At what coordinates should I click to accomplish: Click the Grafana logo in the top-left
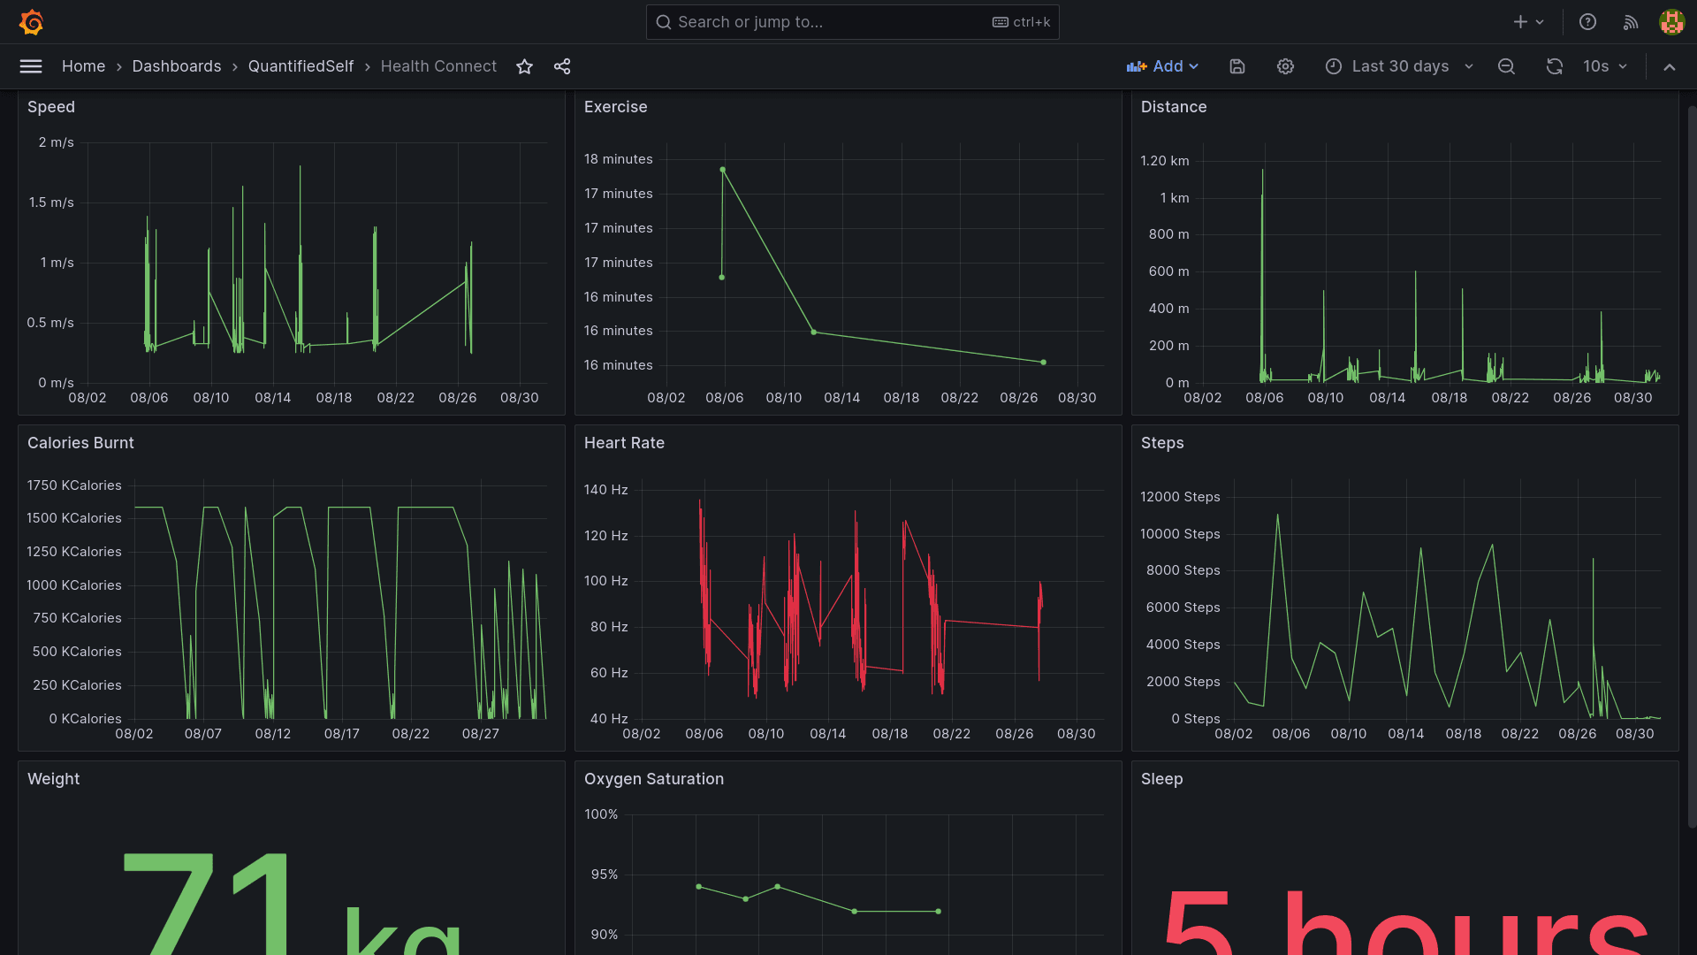pyautogui.click(x=32, y=22)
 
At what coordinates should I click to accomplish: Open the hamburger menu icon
pyautogui.click(x=31, y=66)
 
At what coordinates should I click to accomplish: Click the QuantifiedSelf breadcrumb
pyautogui.click(x=301, y=66)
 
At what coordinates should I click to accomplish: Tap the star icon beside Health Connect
pyautogui.click(x=524, y=66)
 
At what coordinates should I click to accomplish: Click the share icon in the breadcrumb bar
pyautogui.click(x=562, y=66)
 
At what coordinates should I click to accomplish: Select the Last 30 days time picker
pyautogui.click(x=1400, y=66)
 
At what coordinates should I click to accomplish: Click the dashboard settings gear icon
pyautogui.click(x=1285, y=66)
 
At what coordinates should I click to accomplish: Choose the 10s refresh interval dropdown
pyautogui.click(x=1604, y=66)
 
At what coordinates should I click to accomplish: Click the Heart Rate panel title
pyautogui.click(x=624, y=443)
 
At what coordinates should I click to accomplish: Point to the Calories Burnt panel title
pyautogui.click(x=80, y=443)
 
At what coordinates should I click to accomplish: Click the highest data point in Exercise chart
pyautogui.click(x=723, y=170)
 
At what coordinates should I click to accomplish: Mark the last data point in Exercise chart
pyautogui.click(x=1044, y=363)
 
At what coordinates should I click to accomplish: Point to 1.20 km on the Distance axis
pyautogui.click(x=1164, y=161)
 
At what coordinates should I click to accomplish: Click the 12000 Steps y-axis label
pyautogui.click(x=1180, y=497)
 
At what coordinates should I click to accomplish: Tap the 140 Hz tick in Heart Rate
pyautogui.click(x=605, y=490)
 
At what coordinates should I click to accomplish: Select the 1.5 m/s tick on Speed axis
pyautogui.click(x=51, y=202)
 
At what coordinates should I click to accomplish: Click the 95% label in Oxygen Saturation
pyautogui.click(x=605, y=875)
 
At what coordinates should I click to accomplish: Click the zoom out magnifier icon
pyautogui.click(x=1506, y=66)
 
